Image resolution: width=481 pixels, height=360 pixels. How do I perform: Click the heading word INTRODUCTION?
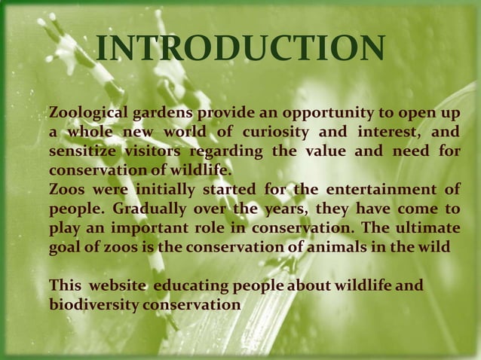[240, 50]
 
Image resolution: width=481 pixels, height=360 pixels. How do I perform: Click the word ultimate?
[426, 227]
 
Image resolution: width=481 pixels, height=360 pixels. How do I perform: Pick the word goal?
[63, 246]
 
